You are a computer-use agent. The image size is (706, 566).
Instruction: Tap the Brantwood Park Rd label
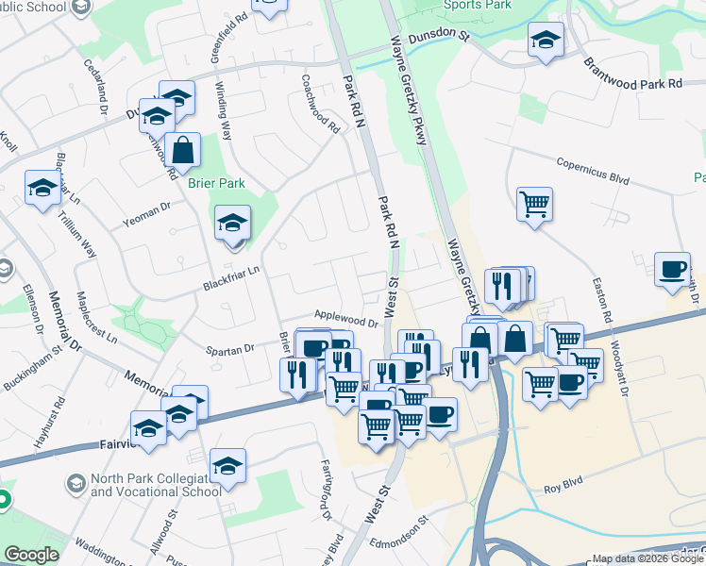point(632,75)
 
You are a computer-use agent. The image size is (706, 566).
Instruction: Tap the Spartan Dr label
point(231,348)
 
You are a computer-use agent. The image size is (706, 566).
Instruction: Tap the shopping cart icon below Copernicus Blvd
point(534,203)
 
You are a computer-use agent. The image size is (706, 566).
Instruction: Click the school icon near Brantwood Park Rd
point(545,40)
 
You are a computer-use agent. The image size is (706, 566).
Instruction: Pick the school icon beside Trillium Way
point(43,188)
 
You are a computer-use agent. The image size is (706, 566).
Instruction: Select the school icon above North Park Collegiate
point(227,465)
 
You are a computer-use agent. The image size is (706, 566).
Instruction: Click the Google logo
point(31,555)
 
